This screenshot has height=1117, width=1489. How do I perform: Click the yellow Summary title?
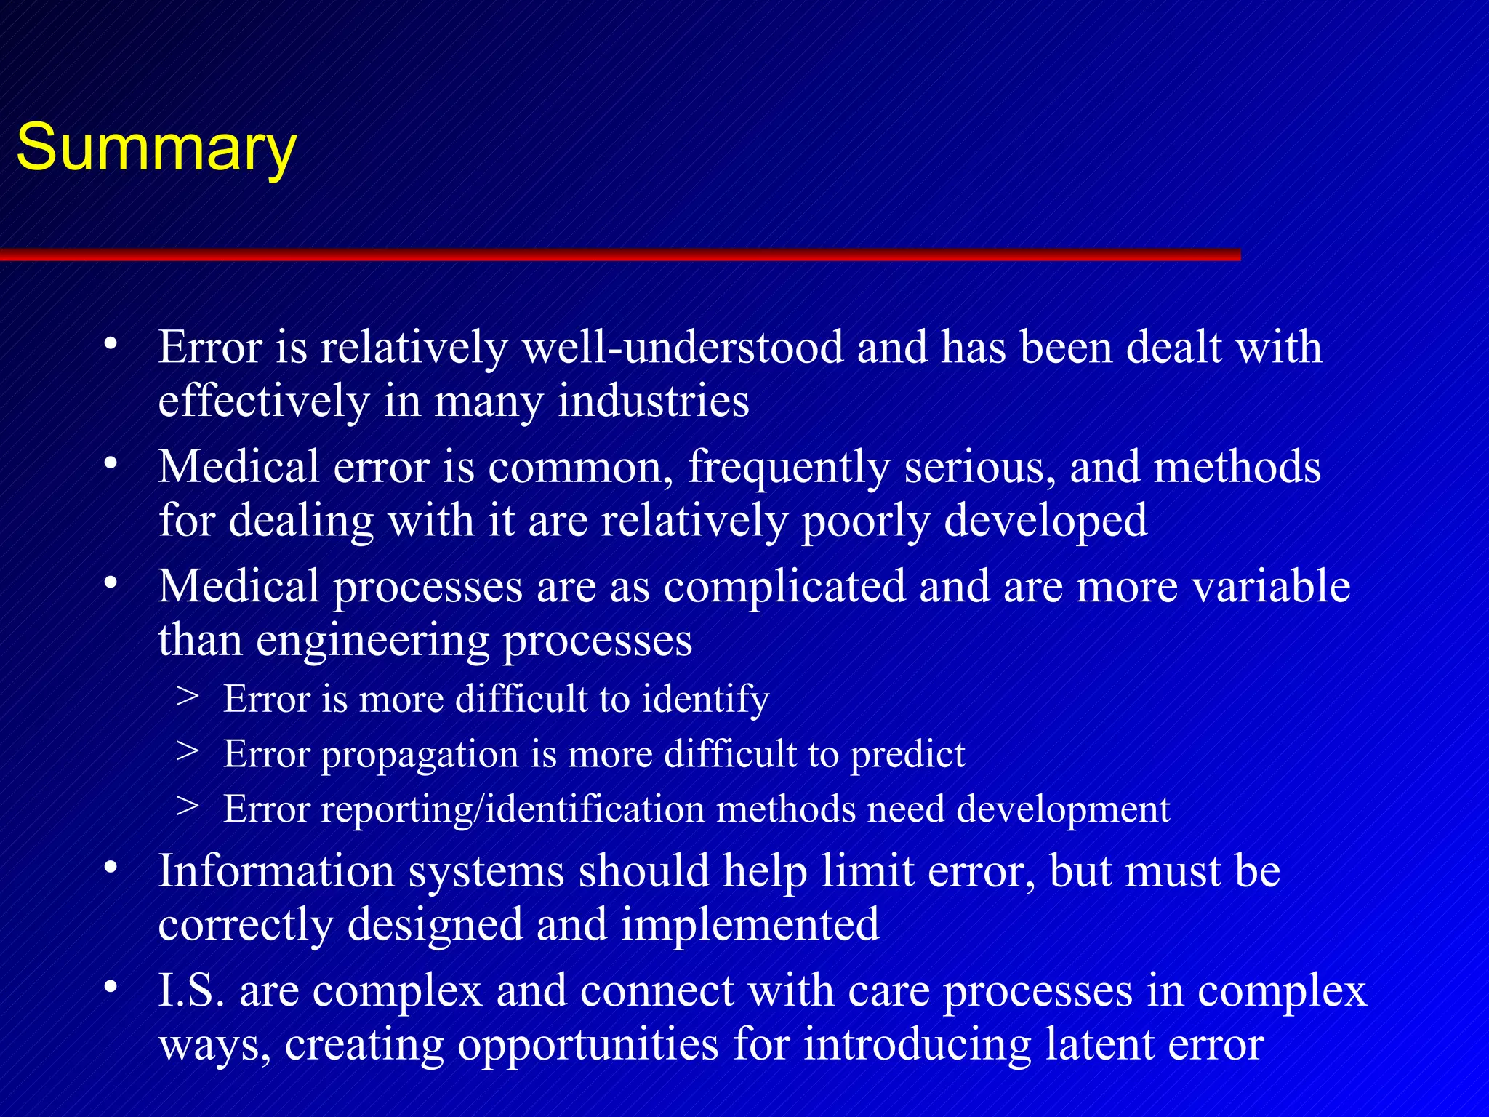156,148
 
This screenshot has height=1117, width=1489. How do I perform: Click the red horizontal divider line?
618,255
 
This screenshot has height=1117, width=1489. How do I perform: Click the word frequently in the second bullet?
788,467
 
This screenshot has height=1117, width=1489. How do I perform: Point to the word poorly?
865,521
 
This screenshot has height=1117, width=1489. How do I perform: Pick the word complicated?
784,586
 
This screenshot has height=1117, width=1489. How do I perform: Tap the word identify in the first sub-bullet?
705,699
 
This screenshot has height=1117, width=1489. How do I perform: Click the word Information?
276,870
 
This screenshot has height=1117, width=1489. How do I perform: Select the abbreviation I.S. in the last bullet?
192,990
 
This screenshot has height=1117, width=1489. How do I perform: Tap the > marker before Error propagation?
188,751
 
